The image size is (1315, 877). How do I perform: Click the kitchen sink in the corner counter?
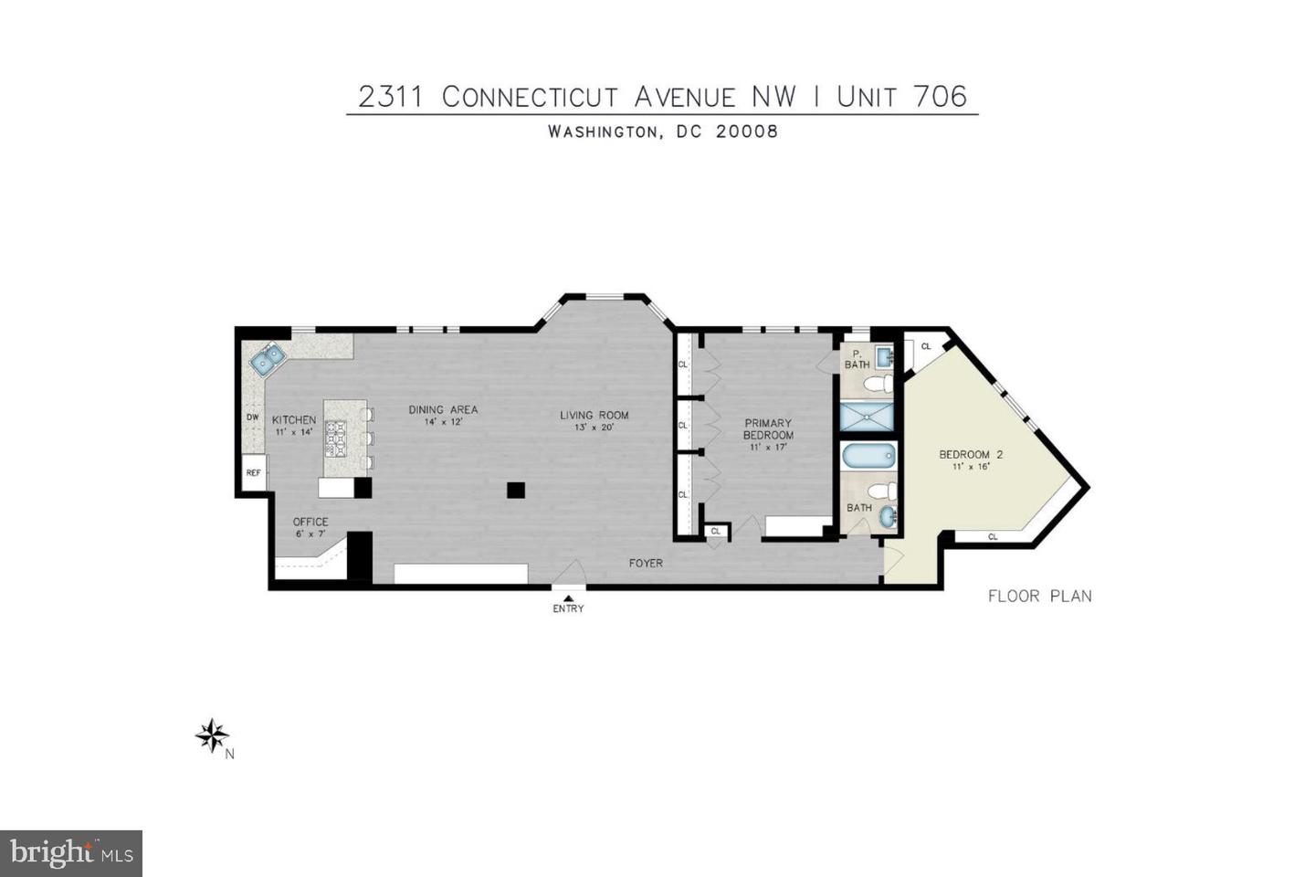point(268,359)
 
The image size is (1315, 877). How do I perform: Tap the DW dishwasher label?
point(252,417)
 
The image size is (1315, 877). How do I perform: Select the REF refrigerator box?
point(254,472)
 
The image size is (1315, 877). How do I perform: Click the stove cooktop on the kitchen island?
point(335,438)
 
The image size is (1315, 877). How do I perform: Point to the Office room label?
point(310,522)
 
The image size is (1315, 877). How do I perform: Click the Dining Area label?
point(443,409)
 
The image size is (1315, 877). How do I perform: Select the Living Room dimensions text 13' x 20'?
point(594,428)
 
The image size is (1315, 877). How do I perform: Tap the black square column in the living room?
point(516,490)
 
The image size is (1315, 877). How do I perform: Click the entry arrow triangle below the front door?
point(568,598)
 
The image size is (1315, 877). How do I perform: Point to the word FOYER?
point(646,564)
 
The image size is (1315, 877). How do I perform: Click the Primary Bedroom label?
point(769,428)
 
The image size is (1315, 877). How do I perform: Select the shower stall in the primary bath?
point(867,417)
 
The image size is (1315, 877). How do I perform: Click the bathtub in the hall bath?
point(868,457)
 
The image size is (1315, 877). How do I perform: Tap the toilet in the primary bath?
point(878,384)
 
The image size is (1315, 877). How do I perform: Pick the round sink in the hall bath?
point(888,517)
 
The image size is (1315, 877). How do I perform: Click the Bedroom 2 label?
point(971,454)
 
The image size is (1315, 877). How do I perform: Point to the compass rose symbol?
point(212,735)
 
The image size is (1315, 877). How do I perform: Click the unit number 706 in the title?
point(940,96)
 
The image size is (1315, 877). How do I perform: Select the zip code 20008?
point(747,131)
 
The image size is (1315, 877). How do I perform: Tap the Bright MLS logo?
point(71,853)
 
